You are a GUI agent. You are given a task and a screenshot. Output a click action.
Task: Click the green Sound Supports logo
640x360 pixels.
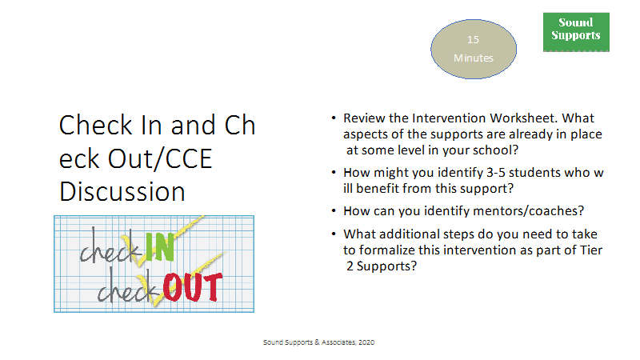[576, 32]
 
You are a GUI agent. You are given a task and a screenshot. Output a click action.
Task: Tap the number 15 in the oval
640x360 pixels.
[473, 39]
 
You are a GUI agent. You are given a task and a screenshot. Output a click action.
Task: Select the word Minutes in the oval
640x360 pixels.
[474, 58]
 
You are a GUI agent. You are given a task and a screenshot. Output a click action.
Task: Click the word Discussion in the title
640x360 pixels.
[122, 191]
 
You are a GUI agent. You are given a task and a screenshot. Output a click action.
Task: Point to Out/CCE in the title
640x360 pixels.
[160, 158]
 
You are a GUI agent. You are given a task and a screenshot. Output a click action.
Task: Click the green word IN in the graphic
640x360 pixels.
[159, 247]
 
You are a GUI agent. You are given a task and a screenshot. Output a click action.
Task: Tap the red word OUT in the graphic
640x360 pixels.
[193, 287]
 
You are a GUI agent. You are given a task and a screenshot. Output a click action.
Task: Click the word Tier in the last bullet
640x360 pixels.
[591, 250]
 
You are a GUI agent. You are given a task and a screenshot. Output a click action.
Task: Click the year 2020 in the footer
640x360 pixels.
[366, 342]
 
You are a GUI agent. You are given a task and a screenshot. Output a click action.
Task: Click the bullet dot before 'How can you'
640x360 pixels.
[334, 210]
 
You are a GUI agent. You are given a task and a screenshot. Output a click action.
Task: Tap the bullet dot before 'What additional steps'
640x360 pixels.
[334, 234]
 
